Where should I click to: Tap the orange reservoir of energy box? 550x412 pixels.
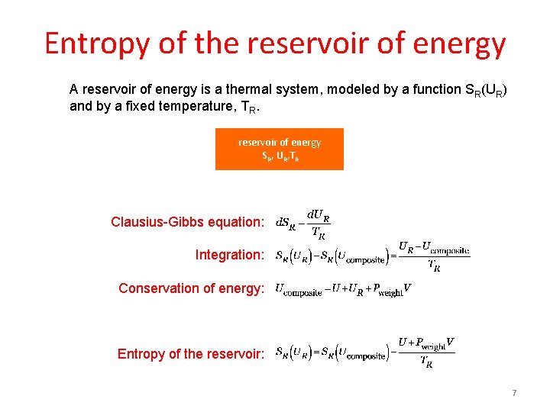[x=280, y=149]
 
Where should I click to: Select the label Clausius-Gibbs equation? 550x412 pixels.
[x=188, y=222]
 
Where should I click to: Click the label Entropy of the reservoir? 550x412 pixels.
[x=191, y=354]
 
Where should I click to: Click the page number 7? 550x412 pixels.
[x=514, y=393]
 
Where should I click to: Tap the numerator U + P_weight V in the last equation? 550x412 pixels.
[x=426, y=344]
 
